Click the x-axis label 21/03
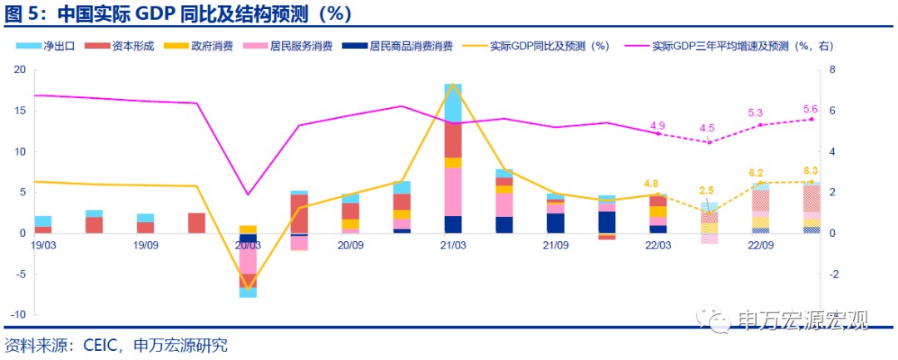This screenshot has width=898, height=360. (x=453, y=245)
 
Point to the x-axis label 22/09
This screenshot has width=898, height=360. (x=762, y=245)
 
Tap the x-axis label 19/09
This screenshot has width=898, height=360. (x=145, y=245)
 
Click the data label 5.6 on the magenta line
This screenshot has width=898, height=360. (x=811, y=109)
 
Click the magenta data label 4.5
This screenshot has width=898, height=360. (x=708, y=128)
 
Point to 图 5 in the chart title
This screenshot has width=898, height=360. (x=23, y=13)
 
